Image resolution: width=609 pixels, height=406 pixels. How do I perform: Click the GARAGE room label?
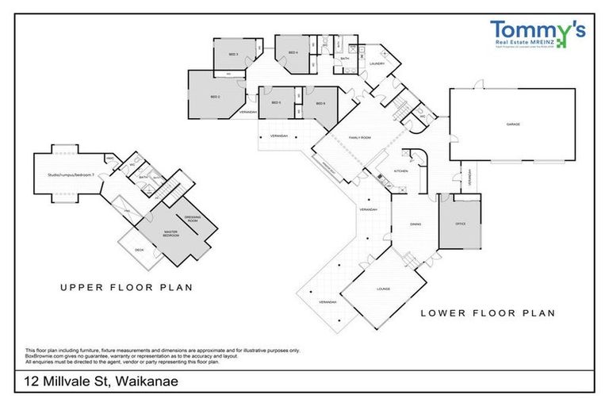[x=513, y=125]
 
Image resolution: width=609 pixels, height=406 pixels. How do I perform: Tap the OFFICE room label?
[x=460, y=224]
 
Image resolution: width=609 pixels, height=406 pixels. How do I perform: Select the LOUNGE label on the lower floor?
[x=384, y=289]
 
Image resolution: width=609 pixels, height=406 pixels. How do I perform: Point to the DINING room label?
[x=416, y=224]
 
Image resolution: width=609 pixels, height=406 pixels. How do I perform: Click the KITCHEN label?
[x=400, y=171]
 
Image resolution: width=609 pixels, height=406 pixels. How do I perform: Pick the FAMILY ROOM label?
[x=359, y=137]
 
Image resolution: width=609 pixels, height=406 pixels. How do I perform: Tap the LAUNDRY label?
[x=377, y=63]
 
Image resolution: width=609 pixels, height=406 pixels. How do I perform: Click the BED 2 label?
[x=215, y=97]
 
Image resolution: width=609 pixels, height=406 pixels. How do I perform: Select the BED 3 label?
[x=234, y=54]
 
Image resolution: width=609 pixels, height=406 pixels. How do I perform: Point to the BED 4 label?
[x=293, y=53]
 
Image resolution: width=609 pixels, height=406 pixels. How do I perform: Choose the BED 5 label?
[x=277, y=103]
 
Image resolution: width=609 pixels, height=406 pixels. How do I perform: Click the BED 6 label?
[x=320, y=104]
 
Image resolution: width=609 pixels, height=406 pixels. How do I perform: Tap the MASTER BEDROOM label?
[x=170, y=234]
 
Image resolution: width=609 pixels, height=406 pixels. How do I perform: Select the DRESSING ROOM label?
[x=193, y=218]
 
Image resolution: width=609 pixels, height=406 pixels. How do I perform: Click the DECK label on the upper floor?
[x=139, y=251]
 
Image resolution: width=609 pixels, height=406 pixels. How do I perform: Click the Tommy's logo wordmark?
[x=537, y=31]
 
